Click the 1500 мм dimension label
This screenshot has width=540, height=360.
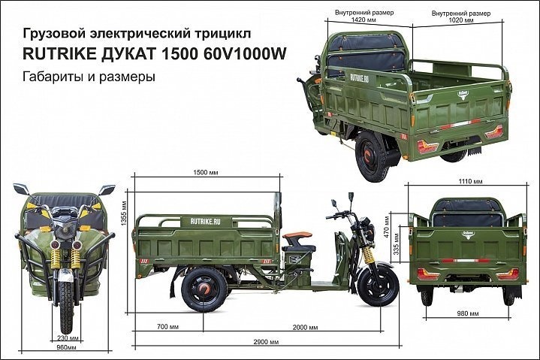[x=206, y=172]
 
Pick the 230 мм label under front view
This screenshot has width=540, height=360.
[x=65, y=338]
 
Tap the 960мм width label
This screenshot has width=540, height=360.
[x=66, y=349]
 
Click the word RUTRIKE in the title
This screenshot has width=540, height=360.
[x=60, y=53]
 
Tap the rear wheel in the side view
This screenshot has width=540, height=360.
[x=201, y=286]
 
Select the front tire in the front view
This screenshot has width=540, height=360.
[x=65, y=308]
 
